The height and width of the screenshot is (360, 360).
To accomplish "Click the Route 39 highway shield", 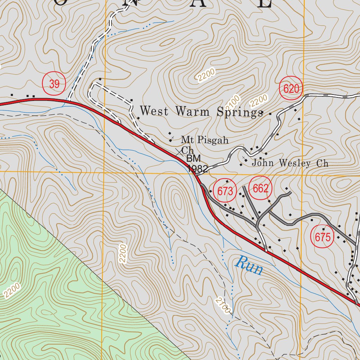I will (54, 84).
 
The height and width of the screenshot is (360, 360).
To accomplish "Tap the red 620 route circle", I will (291, 89).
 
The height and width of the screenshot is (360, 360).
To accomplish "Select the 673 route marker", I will (225, 192).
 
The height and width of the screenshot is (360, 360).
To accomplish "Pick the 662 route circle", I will (261, 189).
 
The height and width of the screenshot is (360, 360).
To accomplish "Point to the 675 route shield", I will (323, 237).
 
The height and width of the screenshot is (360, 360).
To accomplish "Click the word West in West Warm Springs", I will (155, 111).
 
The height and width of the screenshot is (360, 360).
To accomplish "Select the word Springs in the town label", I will (239, 112).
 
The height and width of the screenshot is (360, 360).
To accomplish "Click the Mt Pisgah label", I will (205, 141).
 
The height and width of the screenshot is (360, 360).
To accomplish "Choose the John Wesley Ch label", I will (290, 163).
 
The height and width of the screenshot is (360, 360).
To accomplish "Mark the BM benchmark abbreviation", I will (193, 159).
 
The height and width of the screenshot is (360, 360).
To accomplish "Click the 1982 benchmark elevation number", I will (198, 168).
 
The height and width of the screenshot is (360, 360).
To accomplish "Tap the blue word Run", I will (249, 266).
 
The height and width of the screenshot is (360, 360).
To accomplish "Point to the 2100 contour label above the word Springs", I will (233, 102).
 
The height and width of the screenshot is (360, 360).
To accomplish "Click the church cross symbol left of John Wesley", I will (244, 157).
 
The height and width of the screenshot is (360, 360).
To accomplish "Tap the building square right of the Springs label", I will (270, 114).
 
